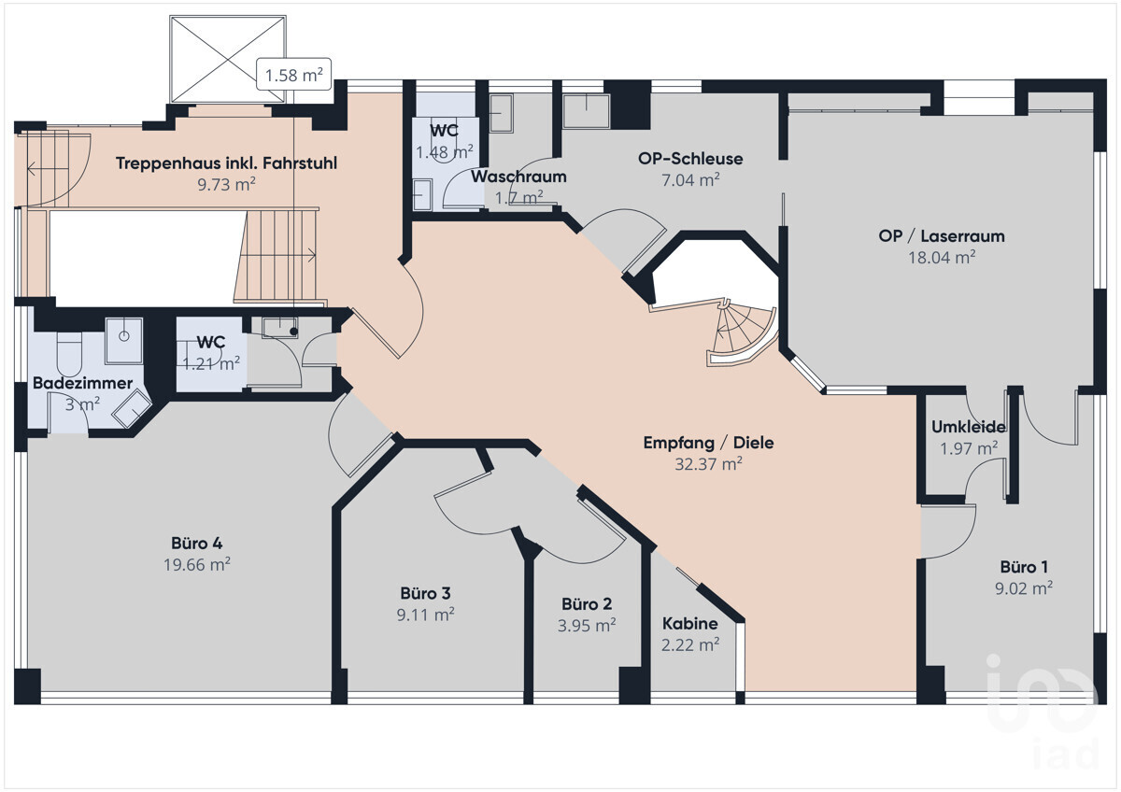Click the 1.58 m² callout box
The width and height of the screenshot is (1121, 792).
tap(293, 75)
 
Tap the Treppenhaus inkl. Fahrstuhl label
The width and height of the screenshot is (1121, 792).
tap(226, 163)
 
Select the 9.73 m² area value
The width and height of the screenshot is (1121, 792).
tap(226, 184)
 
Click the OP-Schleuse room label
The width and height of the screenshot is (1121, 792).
tap(690, 159)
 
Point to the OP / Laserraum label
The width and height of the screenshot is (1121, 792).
tap(942, 236)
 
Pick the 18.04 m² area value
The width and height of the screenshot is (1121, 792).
tap(942, 257)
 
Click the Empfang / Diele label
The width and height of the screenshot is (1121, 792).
tap(708, 443)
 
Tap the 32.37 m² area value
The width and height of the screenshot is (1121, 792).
tap(708, 464)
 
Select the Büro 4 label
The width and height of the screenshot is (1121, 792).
tap(197, 544)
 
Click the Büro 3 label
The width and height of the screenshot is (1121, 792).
tap(425, 593)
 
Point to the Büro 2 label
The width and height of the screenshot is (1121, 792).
tap(587, 604)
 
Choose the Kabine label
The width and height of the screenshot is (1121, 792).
tap(690, 623)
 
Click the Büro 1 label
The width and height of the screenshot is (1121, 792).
tap(1024, 567)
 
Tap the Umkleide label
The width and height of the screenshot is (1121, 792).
tap(969, 427)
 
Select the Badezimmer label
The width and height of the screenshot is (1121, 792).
tap(82, 383)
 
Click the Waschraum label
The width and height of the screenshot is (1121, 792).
tap(518, 177)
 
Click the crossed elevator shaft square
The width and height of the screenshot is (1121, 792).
tap(228, 59)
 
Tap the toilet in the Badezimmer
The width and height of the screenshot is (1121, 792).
tap(69, 353)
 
